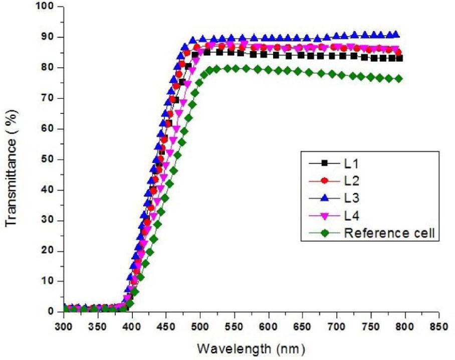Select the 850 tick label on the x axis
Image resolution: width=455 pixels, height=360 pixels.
(438, 326)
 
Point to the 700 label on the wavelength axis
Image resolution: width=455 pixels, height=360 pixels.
(336, 326)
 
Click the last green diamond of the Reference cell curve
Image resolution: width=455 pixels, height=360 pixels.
(399, 79)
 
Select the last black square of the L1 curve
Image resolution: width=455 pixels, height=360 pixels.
(399, 58)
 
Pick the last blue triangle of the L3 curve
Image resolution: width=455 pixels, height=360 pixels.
(396, 35)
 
